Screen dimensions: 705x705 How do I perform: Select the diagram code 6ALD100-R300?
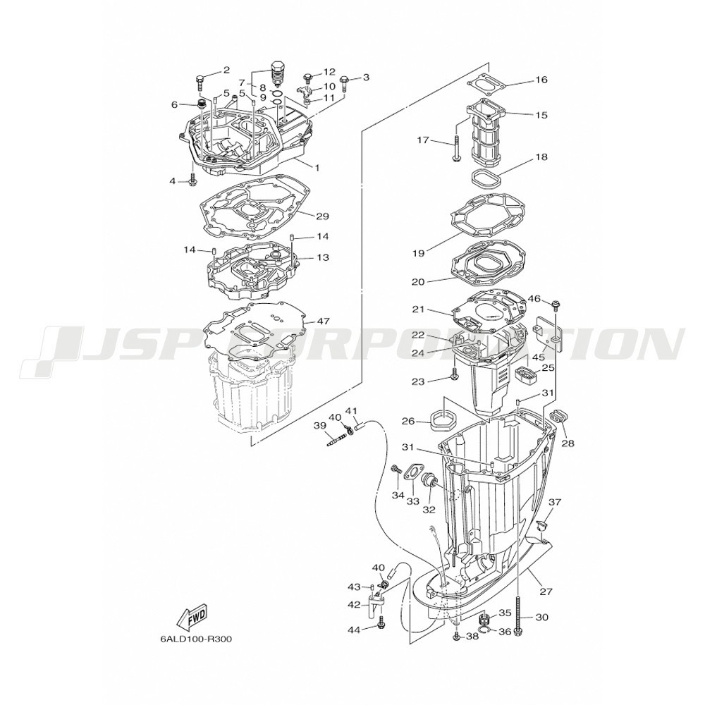click(196, 639)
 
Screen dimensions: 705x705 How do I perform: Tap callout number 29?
click(322, 216)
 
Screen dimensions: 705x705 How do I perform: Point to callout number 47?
click(323, 321)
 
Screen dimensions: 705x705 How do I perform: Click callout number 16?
click(541, 80)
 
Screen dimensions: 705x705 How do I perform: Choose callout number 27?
click(546, 591)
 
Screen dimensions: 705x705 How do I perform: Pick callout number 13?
click(322, 257)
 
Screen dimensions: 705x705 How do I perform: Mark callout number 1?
click(317, 168)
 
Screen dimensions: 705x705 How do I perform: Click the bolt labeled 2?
click(200, 84)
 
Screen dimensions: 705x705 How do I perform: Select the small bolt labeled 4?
click(193, 182)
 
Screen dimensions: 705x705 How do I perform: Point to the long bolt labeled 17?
click(457, 149)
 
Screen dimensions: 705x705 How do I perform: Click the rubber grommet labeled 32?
click(428, 486)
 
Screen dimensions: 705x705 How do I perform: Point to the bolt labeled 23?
click(454, 372)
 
